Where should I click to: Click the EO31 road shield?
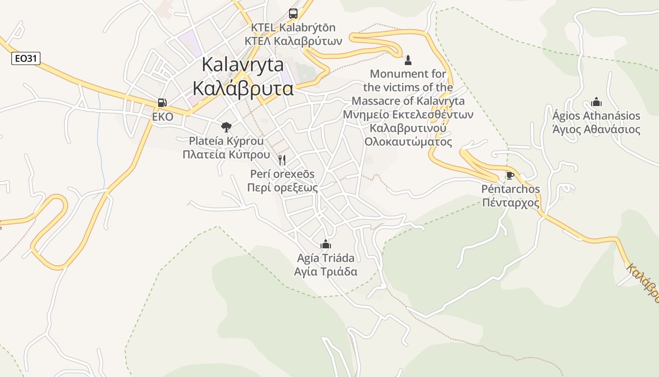pyautogui.click(x=26, y=58)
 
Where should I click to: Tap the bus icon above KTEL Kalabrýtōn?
pyautogui.click(x=293, y=14)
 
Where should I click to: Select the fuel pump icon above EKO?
pyautogui.click(x=162, y=103)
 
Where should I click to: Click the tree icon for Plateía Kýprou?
pyautogui.click(x=226, y=127)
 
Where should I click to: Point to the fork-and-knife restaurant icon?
pyautogui.click(x=282, y=160)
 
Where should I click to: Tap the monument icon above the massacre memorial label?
pyautogui.click(x=408, y=60)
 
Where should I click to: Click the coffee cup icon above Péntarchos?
pyautogui.click(x=510, y=175)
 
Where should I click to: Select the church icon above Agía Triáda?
pyautogui.click(x=325, y=244)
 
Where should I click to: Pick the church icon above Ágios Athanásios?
pyautogui.click(x=596, y=102)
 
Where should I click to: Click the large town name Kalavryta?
pyautogui.click(x=242, y=65)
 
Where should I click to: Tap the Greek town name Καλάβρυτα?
pyautogui.click(x=243, y=88)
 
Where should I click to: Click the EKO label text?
pyautogui.click(x=162, y=116)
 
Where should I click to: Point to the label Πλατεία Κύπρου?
pyautogui.click(x=226, y=155)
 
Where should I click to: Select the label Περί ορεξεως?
pyautogui.click(x=282, y=188)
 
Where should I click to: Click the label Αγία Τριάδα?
pyautogui.click(x=325, y=271)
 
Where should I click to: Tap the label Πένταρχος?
pyautogui.click(x=511, y=203)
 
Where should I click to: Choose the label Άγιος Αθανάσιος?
pyautogui.click(x=596, y=130)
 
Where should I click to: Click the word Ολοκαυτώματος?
pyautogui.click(x=408, y=142)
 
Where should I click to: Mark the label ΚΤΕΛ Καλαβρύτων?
pyautogui.click(x=293, y=41)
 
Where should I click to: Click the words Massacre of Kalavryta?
pyautogui.click(x=408, y=101)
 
